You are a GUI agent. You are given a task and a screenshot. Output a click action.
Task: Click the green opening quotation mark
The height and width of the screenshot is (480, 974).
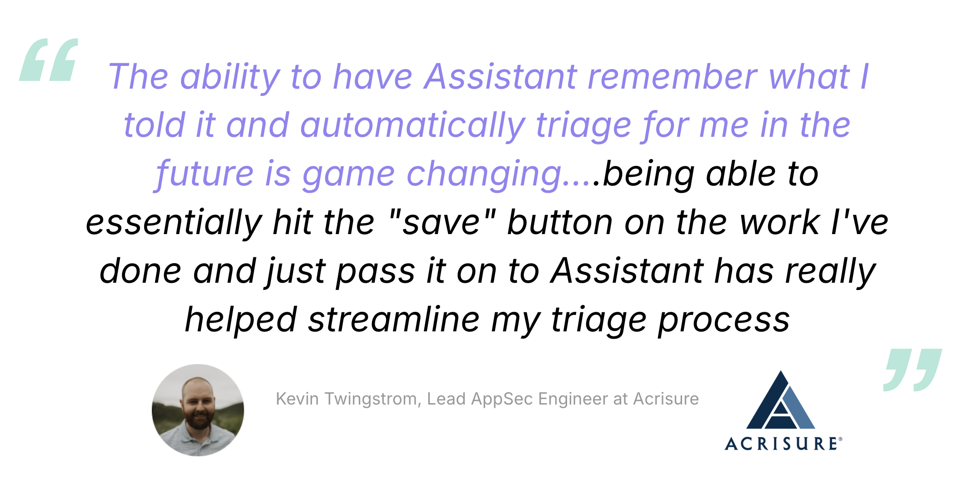click(49, 60)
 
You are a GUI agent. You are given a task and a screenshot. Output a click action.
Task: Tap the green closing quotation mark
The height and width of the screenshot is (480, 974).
click(913, 370)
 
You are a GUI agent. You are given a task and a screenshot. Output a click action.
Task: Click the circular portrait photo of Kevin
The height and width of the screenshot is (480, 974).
click(198, 410)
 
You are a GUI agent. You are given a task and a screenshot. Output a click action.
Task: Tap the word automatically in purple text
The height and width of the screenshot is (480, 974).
click(412, 125)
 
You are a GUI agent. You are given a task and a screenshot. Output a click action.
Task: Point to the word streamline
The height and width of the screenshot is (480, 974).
click(394, 319)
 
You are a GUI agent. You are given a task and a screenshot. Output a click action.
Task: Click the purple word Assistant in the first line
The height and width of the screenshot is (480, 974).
click(501, 76)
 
